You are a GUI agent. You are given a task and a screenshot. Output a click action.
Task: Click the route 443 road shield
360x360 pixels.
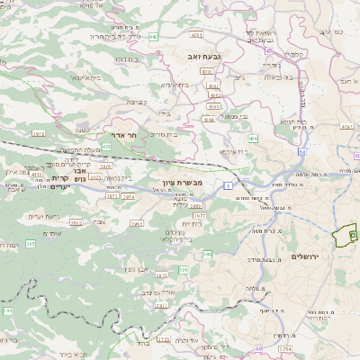153,37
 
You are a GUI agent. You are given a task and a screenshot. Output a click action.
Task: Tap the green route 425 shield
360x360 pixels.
106,146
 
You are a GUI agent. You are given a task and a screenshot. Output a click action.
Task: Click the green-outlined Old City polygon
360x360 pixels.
343,237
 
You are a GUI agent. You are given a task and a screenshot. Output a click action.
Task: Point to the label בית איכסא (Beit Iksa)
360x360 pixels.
231,151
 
